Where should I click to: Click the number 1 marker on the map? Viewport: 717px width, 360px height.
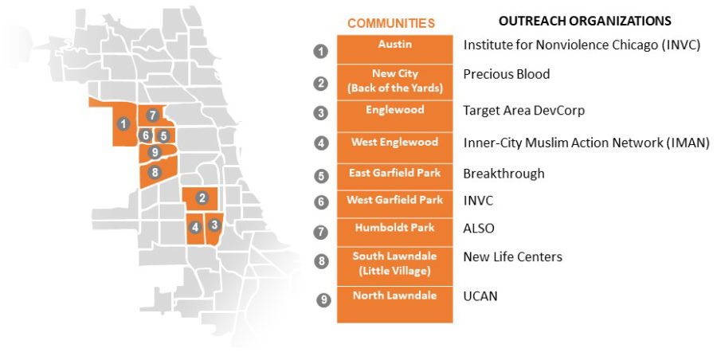pyautogui.click(x=123, y=123)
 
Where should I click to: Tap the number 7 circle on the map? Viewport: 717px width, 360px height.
pyautogui.click(x=153, y=115)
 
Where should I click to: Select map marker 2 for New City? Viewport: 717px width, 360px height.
pyautogui.click(x=202, y=198)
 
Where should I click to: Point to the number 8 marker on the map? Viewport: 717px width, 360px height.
pyautogui.click(x=155, y=172)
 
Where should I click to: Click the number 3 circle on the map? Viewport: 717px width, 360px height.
pyautogui.click(x=214, y=225)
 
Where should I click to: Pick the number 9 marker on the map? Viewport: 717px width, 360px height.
pyautogui.click(x=155, y=152)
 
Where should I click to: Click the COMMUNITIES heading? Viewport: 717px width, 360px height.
pyautogui.click(x=391, y=23)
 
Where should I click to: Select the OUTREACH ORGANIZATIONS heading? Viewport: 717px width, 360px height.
pyautogui.click(x=585, y=21)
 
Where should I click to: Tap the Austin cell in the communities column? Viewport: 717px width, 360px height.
pyautogui.click(x=395, y=49)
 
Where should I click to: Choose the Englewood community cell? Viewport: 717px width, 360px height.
pyautogui.click(x=395, y=116)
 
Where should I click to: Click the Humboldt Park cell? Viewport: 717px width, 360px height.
pyautogui.click(x=395, y=233)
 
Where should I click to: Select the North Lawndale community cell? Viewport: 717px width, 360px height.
pyautogui.click(x=395, y=305)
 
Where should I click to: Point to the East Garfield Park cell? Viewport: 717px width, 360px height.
pyautogui.click(x=395, y=177)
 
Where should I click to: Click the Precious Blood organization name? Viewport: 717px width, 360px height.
pyautogui.click(x=507, y=74)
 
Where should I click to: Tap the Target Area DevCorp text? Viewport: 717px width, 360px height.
pyautogui.click(x=524, y=111)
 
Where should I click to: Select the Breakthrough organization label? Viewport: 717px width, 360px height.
pyautogui.click(x=504, y=174)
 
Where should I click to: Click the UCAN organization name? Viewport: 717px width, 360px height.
pyautogui.click(x=480, y=296)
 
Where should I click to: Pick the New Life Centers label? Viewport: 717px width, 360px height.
pyautogui.click(x=512, y=257)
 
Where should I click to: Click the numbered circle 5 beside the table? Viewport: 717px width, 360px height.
pyautogui.click(x=321, y=176)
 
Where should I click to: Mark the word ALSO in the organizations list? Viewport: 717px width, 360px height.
pyautogui.click(x=479, y=229)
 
